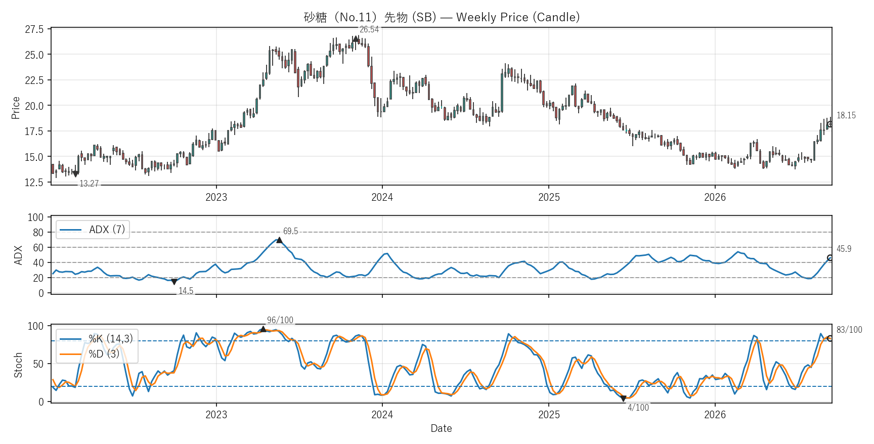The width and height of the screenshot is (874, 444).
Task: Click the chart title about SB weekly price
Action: [442, 17]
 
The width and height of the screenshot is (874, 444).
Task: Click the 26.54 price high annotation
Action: [369, 29]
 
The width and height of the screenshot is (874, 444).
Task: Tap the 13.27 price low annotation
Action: [89, 184]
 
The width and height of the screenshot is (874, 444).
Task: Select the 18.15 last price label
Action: [846, 115]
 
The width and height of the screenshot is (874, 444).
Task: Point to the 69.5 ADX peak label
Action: [290, 231]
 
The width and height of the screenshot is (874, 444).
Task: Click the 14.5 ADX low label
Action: [186, 291]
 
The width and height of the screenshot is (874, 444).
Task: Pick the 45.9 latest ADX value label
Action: [844, 249]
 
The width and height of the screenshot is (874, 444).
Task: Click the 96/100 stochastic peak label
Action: [280, 320]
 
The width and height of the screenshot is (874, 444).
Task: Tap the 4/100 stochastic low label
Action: [638, 408]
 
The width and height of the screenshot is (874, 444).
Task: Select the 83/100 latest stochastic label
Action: [849, 330]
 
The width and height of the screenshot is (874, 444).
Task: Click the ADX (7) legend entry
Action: [93, 230]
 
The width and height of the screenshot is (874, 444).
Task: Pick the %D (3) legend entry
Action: [90, 354]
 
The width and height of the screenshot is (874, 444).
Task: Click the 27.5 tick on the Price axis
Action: [34, 29]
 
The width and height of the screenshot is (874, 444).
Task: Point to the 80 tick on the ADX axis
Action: [38, 233]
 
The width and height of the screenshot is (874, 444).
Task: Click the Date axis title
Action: [441, 428]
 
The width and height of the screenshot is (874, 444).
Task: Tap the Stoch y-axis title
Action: [18, 365]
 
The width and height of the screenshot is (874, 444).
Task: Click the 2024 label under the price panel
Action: [382, 197]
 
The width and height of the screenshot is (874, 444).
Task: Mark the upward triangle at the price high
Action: [356, 39]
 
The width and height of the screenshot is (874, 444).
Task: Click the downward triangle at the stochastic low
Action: [623, 398]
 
